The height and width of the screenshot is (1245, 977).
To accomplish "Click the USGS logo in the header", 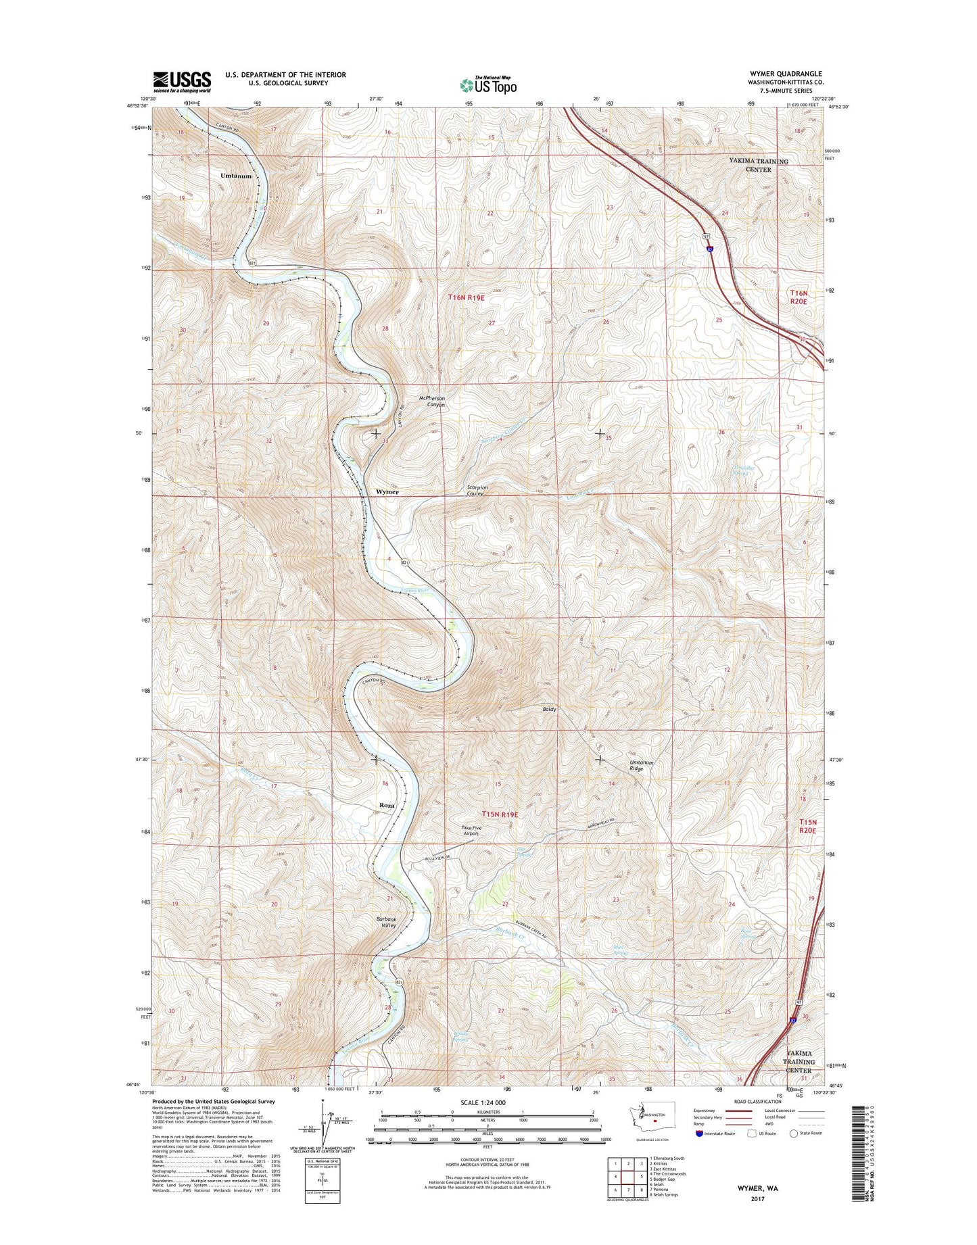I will pos(182,82).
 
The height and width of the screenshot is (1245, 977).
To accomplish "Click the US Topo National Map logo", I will pos(488,84).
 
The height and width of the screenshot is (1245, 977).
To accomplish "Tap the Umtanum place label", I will pos(236,176).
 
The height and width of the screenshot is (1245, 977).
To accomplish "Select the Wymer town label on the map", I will pos(387,492).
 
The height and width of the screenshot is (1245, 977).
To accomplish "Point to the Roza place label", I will pos(387,806).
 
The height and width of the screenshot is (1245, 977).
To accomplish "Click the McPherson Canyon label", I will pos(432,401).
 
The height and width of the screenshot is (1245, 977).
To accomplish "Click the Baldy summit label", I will pos(549,709).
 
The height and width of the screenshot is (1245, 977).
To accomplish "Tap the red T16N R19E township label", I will pos(467,297).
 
